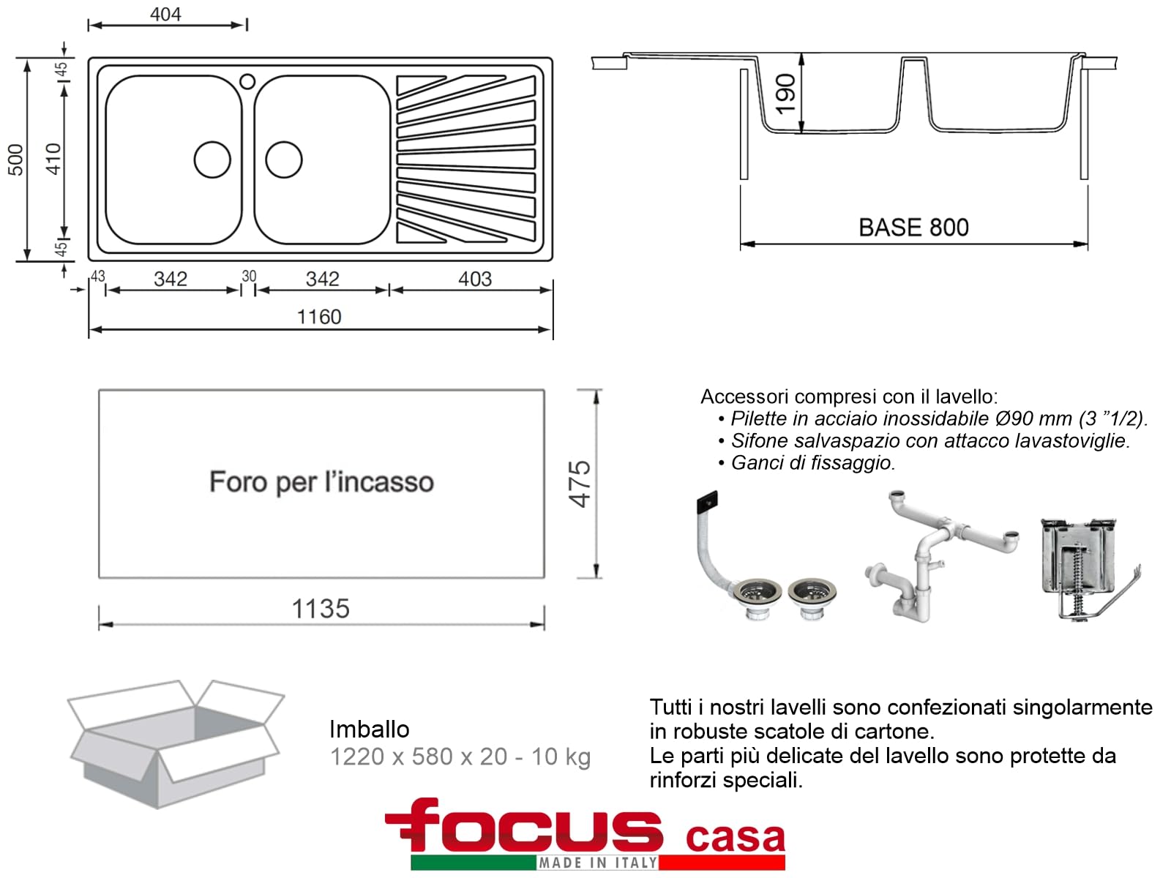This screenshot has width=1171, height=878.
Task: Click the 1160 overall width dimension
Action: (x=319, y=318)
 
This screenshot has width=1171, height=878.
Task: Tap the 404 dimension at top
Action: (x=165, y=15)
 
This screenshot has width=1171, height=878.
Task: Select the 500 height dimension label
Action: (x=15, y=160)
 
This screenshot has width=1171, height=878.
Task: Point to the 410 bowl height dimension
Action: (x=53, y=159)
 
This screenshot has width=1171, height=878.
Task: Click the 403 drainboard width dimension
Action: (x=475, y=279)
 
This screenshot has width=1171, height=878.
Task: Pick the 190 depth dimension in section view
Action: (x=786, y=94)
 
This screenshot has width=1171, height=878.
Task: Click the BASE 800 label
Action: (x=913, y=228)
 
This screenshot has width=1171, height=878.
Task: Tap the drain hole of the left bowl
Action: (x=212, y=160)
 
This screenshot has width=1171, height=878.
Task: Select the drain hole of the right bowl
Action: (x=284, y=160)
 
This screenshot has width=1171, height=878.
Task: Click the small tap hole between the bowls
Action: (x=247, y=81)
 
